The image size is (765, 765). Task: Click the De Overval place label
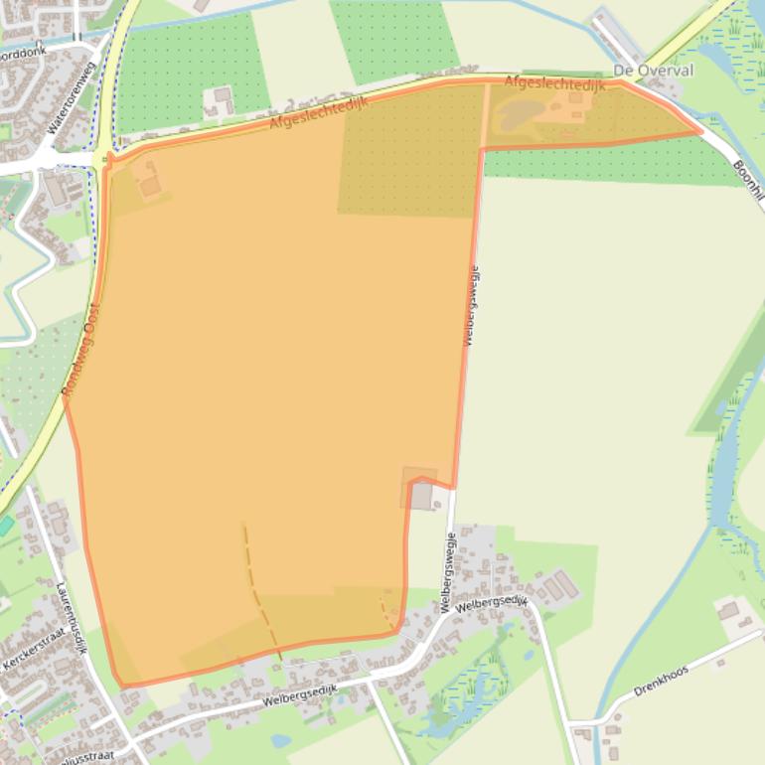653,72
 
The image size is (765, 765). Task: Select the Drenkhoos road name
661,682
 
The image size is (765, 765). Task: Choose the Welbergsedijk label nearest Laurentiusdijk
301,693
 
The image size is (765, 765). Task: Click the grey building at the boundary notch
422,496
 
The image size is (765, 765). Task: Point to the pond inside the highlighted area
517,115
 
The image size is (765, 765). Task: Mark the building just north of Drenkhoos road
729,610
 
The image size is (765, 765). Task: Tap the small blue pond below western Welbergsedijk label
280,740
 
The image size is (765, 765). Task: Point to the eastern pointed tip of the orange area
700,130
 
